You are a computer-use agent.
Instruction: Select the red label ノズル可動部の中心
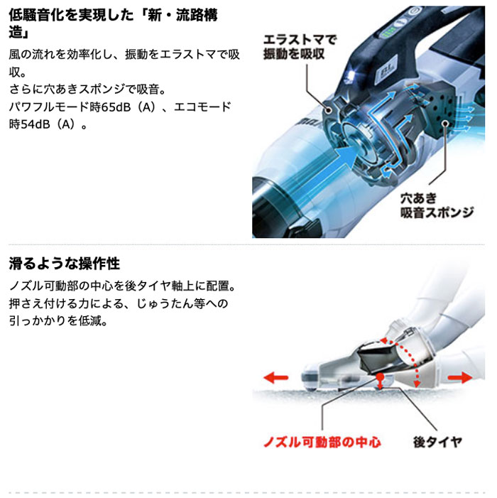(322, 442)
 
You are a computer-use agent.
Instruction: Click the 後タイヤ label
(438, 442)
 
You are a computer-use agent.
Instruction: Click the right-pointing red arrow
(457, 377)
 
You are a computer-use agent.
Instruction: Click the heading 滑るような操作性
(65, 264)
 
